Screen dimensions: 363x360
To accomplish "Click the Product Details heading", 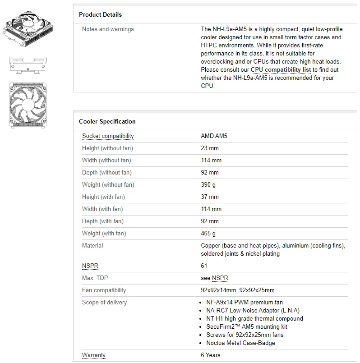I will [100, 15].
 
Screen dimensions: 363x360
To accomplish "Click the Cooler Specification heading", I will [107, 122].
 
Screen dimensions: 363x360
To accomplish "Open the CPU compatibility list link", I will [281, 70].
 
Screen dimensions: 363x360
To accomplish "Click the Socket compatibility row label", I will [108, 136].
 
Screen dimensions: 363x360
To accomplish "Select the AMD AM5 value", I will [214, 136].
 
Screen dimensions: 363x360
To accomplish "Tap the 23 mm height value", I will [210, 148].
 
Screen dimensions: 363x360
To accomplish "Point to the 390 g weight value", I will [208, 185].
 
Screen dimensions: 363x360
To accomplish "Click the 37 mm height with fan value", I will [210, 197].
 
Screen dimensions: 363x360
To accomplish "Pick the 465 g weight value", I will [208, 234].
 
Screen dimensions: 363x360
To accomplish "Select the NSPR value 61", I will [204, 266].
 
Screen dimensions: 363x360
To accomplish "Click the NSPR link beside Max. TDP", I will [220, 278].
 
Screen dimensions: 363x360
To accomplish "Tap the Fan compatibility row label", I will [104, 290].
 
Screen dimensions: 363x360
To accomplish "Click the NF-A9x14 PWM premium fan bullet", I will [245, 303].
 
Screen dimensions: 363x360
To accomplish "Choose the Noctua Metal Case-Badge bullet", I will [240, 343].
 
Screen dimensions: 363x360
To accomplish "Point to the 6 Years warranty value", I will [211, 355].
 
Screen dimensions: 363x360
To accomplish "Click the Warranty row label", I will [94, 355].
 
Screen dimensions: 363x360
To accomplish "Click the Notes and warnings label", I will [108, 29].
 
